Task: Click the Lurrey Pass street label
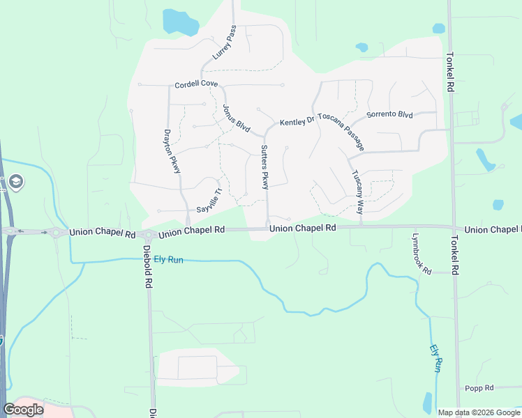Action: (x=225, y=42)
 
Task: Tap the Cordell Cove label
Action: (x=196, y=84)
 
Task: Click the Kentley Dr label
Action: (x=297, y=123)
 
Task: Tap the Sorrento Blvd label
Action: (x=390, y=114)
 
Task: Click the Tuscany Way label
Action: (x=357, y=192)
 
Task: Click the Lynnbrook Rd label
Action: (x=421, y=253)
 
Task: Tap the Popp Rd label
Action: (x=479, y=388)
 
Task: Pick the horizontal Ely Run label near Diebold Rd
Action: (x=168, y=260)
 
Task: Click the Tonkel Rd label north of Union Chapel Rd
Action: (x=450, y=74)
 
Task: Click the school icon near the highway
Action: (x=16, y=183)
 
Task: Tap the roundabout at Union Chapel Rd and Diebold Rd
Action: (x=147, y=235)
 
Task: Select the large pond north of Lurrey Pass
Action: (x=180, y=22)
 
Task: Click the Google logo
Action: (x=23, y=410)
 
